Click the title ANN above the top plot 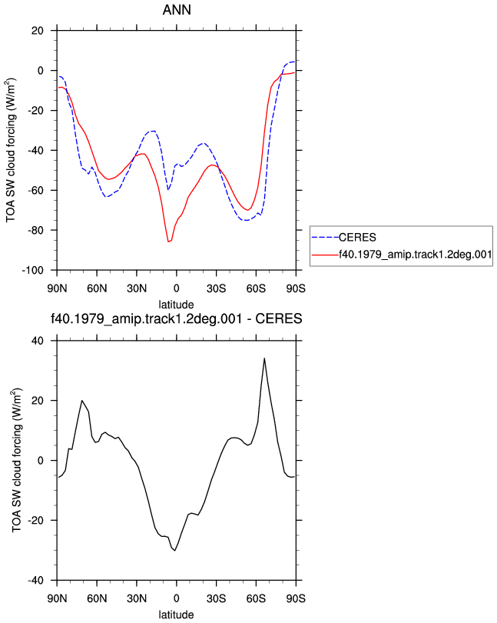click(x=177, y=9)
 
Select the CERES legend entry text click(x=357, y=237)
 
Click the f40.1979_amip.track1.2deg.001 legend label click(x=416, y=255)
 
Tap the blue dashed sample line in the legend click(x=325, y=237)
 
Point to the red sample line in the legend click(x=325, y=255)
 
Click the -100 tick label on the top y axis click(x=32, y=270)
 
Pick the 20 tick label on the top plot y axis click(x=38, y=31)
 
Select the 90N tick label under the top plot click(x=57, y=288)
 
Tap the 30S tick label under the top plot click(x=217, y=288)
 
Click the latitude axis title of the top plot click(x=176, y=305)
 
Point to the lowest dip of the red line click(x=169, y=242)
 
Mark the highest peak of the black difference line click(x=264, y=358)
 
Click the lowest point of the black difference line click(x=174, y=550)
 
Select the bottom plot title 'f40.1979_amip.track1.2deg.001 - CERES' click(x=177, y=318)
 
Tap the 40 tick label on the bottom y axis click(x=38, y=341)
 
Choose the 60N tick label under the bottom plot click(x=97, y=598)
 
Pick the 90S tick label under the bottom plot click(x=296, y=598)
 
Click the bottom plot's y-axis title click(x=16, y=460)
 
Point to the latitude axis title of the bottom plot click(x=176, y=615)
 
